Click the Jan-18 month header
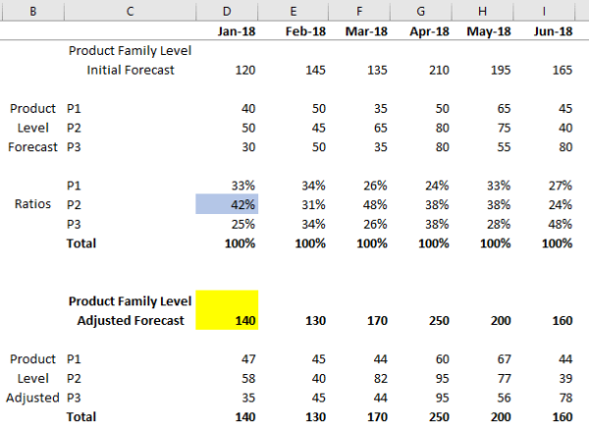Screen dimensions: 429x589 pos(236,31)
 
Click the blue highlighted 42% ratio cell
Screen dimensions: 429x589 pos(227,204)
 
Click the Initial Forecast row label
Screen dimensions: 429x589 pos(130,70)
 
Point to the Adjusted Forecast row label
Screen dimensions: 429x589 pos(130,320)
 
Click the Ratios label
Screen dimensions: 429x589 pos(34,204)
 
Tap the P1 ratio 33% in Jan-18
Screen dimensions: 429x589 pos(241,185)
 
